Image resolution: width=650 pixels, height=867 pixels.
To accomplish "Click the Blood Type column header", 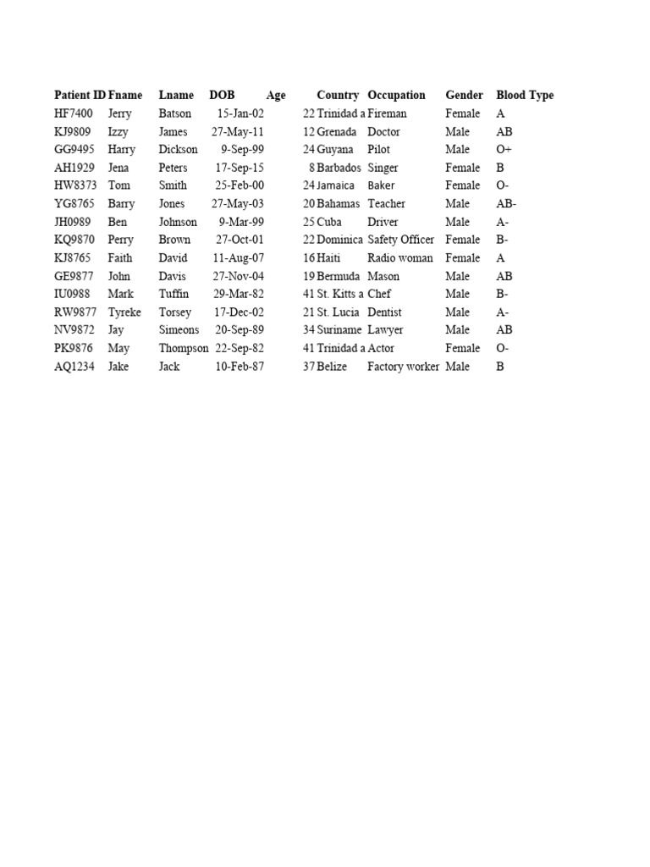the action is tap(525, 96).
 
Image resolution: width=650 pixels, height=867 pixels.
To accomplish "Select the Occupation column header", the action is tap(396, 96).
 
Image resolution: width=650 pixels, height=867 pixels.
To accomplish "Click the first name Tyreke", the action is tap(124, 312).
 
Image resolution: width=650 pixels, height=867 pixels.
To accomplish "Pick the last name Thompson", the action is tap(183, 348).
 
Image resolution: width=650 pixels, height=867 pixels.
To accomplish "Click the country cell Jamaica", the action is tap(336, 185).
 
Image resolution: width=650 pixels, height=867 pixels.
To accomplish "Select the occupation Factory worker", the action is tap(403, 367).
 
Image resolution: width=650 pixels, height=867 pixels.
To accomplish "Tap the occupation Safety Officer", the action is tap(400, 240).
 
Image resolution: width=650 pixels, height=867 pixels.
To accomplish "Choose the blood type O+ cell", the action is tap(504, 150).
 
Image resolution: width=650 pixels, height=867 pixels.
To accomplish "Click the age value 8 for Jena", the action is tap(311, 168).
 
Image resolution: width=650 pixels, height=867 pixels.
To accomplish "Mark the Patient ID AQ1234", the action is tap(74, 367).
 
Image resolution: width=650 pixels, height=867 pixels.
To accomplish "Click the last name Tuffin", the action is tap(174, 294).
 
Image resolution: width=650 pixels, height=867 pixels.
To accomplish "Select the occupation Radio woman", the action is tap(399, 258).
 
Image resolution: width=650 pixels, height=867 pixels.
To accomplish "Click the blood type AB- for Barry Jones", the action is tap(506, 204).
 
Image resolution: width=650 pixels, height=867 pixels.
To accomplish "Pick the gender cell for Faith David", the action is tap(462, 258).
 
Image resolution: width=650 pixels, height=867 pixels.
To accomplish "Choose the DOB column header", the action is tap(222, 96).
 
